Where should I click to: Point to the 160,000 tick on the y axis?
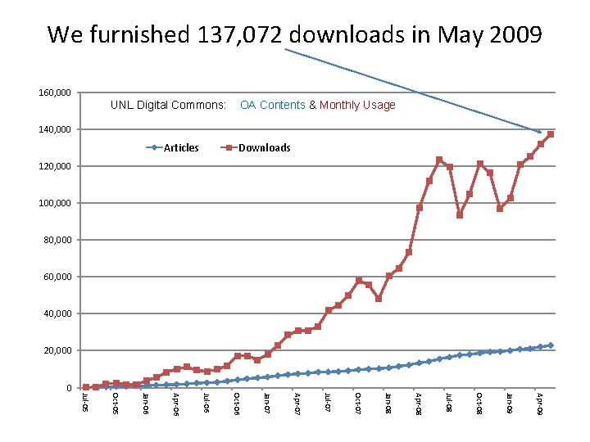pos(55,92)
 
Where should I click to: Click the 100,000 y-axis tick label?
pos(55,203)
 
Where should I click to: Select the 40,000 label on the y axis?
pos(57,313)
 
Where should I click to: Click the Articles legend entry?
pos(181,148)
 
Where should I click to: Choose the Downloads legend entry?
pos(264,148)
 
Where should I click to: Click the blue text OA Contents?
pos(272,106)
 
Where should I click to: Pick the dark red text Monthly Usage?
pos(357,106)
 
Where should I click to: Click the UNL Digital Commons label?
pos(168,106)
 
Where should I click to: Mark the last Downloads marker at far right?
pos(551,134)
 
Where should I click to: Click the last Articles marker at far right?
pos(551,345)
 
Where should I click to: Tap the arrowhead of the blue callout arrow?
pos(538,131)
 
